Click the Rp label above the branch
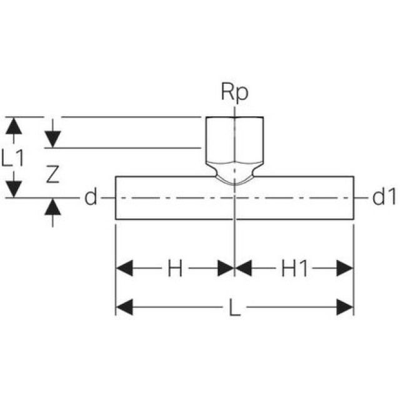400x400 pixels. click(x=234, y=92)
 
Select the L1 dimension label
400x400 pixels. click(x=14, y=157)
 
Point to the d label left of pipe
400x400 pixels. click(x=91, y=198)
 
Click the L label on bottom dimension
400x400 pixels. click(x=234, y=308)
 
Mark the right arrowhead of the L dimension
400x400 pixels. click(x=345, y=307)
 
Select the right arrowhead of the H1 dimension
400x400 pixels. click(x=345, y=269)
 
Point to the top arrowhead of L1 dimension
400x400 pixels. click(x=14, y=125)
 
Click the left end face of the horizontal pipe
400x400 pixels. click(x=116, y=197)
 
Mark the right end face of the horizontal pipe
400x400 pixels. click(x=354, y=197)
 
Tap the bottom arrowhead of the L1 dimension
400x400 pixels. click(x=14, y=189)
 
